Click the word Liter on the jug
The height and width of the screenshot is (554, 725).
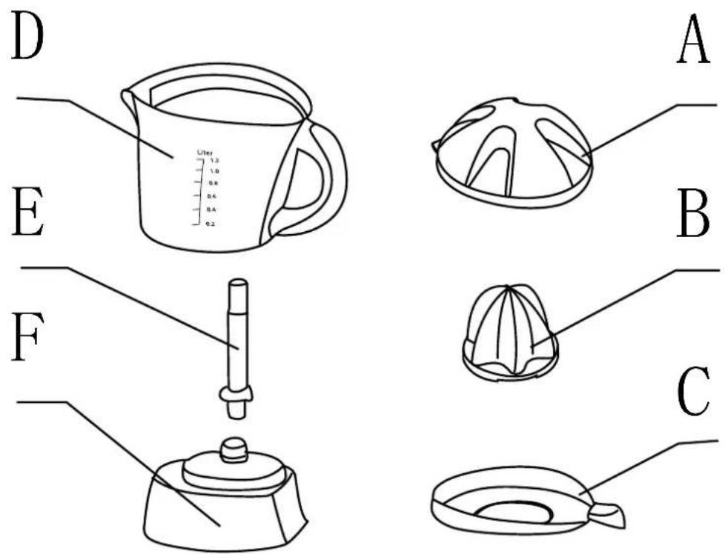click(205, 153)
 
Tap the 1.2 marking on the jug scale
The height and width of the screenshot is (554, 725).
click(214, 160)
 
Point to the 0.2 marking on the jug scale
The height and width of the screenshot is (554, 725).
click(211, 223)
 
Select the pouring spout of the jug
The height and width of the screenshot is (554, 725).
click(129, 99)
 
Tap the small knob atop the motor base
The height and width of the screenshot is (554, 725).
click(234, 449)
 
